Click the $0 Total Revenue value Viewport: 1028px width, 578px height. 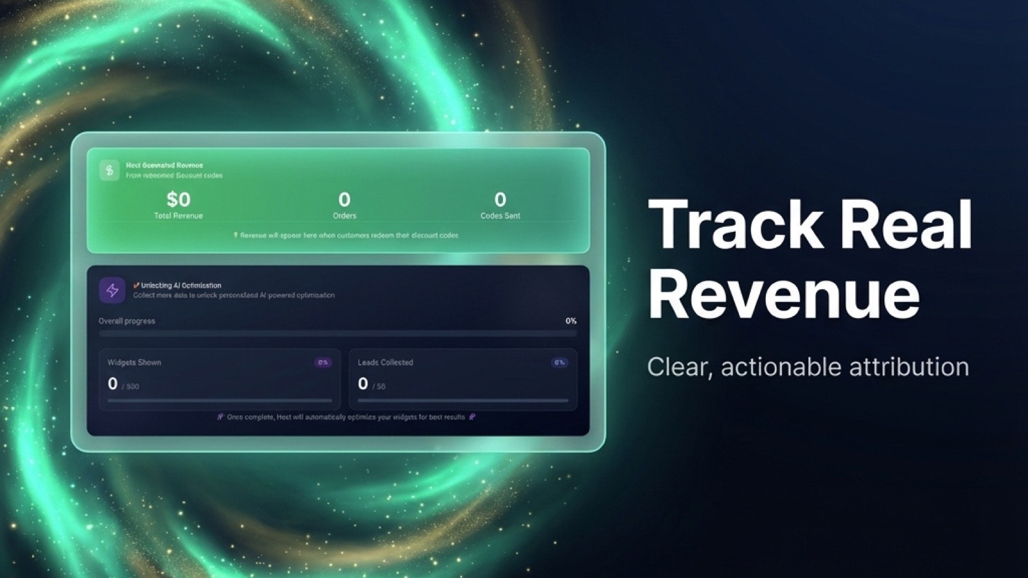click(x=178, y=200)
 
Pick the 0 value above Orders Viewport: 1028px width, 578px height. click(x=344, y=200)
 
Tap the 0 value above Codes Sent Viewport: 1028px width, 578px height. click(x=500, y=200)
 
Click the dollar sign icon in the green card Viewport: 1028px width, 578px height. click(x=109, y=170)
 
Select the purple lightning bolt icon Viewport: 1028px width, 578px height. click(x=112, y=290)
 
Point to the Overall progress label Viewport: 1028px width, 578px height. click(x=127, y=321)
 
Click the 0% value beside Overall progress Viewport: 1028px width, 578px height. click(x=571, y=321)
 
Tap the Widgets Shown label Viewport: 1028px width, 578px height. click(x=134, y=362)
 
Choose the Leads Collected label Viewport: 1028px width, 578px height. click(x=385, y=362)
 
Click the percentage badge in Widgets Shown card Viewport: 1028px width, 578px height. click(x=323, y=362)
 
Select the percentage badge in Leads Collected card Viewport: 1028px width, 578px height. click(x=560, y=362)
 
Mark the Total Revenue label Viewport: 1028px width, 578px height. click(x=178, y=216)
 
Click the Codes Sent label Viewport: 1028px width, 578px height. click(x=500, y=216)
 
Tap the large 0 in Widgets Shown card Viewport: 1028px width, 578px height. click(x=113, y=384)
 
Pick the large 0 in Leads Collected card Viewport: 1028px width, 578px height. click(x=363, y=384)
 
